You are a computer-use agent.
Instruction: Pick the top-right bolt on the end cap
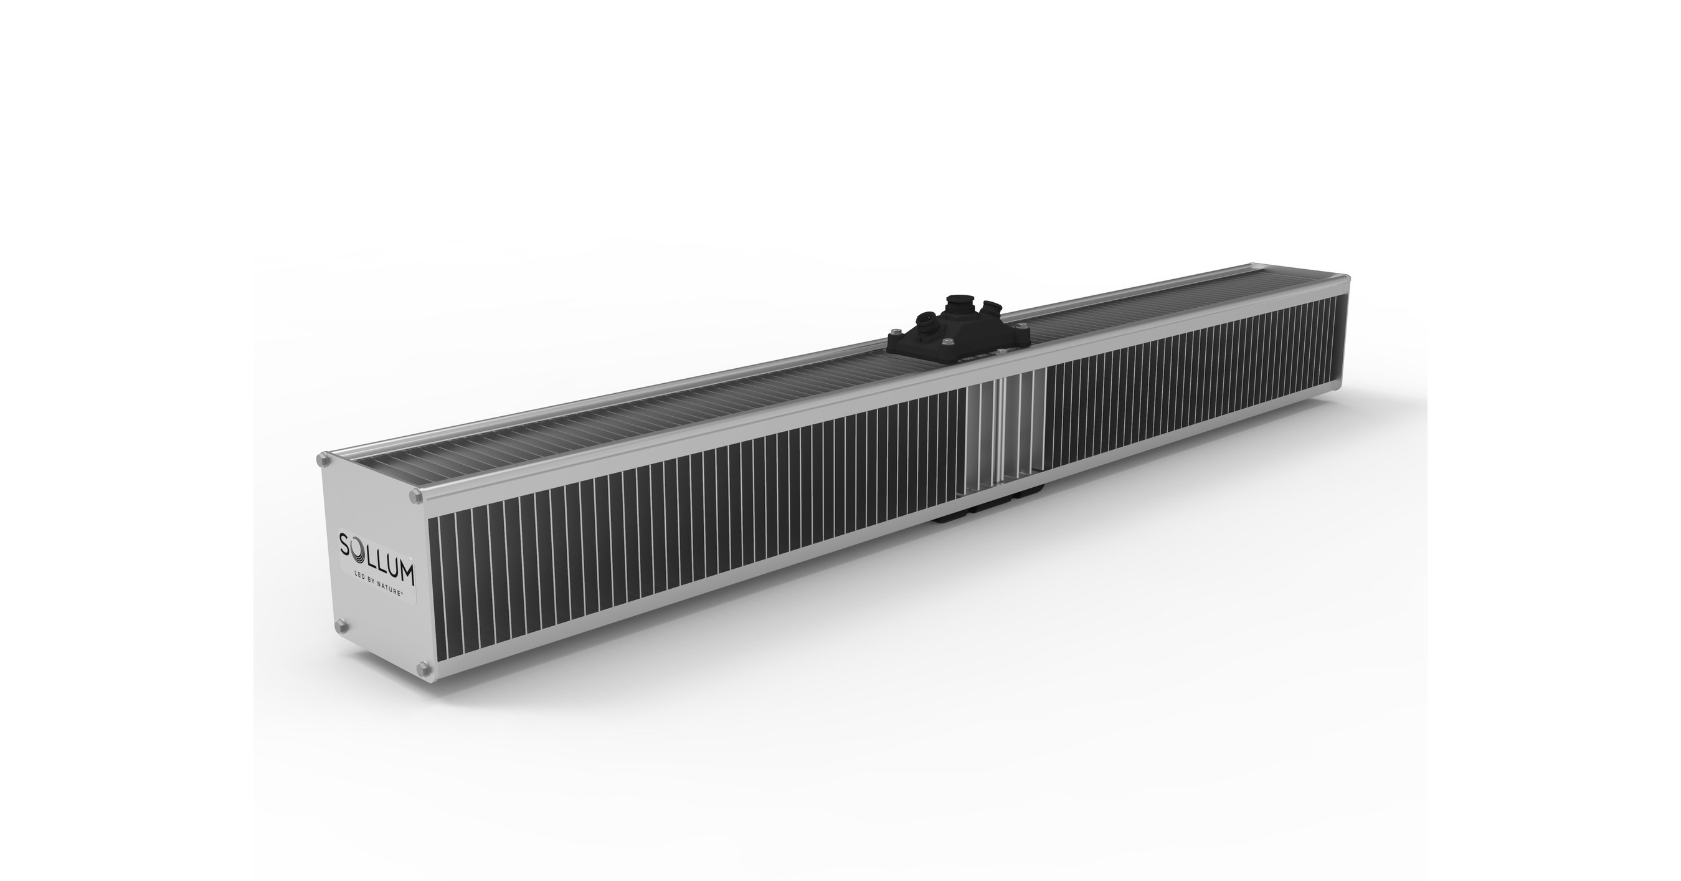415,497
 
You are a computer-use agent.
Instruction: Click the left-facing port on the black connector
926,321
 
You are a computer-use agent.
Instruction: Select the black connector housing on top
958,333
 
